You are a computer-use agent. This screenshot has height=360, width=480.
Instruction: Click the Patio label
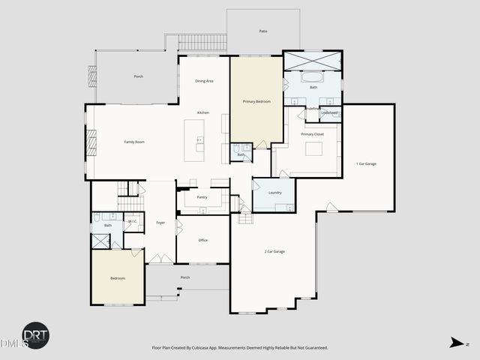point(263,31)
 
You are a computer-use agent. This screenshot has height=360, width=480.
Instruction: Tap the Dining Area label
point(205,81)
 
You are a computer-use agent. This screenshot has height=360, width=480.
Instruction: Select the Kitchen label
point(203,112)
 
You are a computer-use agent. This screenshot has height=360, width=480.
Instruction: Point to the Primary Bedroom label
point(256,100)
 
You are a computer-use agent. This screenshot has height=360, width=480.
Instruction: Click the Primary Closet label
point(312,134)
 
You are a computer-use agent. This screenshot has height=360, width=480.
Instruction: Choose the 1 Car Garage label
point(366,163)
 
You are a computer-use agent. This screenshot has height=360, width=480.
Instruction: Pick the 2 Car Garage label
point(274,251)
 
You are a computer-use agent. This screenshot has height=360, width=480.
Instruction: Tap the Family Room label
point(134,142)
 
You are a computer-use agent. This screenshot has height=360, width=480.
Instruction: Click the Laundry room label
point(274,193)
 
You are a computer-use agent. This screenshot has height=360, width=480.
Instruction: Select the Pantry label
point(202,197)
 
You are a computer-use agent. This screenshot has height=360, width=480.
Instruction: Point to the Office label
point(202,240)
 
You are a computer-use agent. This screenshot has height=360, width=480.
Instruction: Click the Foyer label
point(160,223)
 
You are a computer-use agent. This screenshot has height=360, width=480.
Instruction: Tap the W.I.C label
point(133,221)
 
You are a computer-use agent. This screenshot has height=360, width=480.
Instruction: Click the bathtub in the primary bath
point(311,76)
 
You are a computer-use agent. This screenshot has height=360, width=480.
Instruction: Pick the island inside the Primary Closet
point(313,148)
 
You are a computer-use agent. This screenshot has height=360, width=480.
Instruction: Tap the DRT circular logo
point(35,335)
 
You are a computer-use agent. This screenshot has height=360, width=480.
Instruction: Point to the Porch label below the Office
point(184,277)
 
